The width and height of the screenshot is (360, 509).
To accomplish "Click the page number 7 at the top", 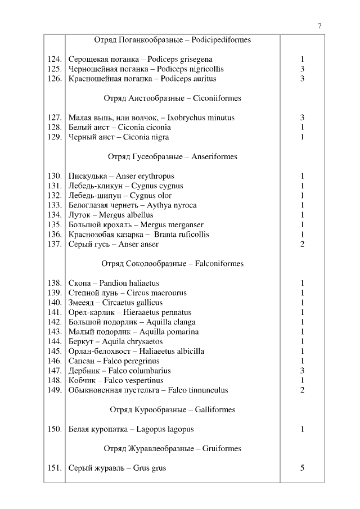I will pos(319,26).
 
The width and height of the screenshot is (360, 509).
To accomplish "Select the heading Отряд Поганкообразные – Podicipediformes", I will pos(172,40).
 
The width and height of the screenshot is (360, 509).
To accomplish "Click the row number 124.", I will pos(55,59).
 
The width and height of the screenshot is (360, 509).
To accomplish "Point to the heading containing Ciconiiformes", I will pos(172,98).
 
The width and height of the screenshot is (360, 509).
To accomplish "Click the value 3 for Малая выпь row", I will pos(302,118).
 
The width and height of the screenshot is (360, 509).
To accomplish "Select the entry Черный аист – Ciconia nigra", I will pos(119,137).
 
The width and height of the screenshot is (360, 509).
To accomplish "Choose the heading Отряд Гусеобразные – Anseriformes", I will pos(172,157).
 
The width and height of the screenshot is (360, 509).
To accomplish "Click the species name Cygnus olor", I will pos(151,196).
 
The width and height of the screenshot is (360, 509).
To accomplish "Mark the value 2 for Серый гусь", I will pos(302,244).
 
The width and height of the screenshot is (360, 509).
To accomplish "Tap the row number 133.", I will pos(55,205).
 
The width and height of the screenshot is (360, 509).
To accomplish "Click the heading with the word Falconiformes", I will pos(172,263).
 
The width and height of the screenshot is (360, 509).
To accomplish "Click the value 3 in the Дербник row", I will pos(302,371).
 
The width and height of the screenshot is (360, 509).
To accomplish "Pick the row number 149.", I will pos(55,390).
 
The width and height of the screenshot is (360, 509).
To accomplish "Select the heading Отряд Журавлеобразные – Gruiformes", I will pos(172,449).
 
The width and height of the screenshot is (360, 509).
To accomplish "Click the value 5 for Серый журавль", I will pos(302,468).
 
